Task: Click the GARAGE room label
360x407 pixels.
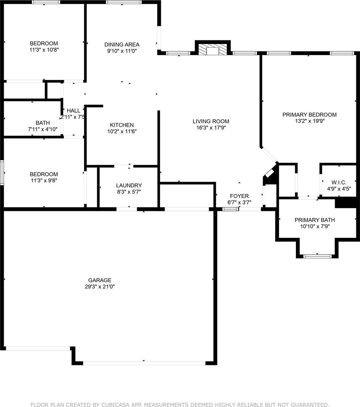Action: click(100, 280)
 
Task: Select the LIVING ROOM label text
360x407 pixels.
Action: click(211, 121)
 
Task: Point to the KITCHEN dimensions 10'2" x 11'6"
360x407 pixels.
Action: click(122, 131)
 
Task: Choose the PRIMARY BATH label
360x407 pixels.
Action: click(315, 220)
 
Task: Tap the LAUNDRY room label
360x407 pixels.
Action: click(129, 185)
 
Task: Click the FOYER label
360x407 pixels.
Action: click(239, 196)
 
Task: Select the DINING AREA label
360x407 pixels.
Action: click(122, 44)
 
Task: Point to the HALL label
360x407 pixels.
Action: click(74, 111)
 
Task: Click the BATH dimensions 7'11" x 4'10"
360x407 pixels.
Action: click(42, 129)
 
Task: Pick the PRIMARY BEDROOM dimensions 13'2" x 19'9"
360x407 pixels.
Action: click(309, 121)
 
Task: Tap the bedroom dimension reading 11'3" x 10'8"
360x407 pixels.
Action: click(44, 50)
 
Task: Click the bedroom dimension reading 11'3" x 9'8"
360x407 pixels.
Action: click(44, 181)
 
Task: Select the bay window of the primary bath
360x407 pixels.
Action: click(317, 256)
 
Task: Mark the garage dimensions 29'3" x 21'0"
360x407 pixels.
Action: click(100, 287)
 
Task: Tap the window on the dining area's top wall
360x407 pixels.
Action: click(124, 2)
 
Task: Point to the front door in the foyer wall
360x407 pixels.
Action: click(230, 209)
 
